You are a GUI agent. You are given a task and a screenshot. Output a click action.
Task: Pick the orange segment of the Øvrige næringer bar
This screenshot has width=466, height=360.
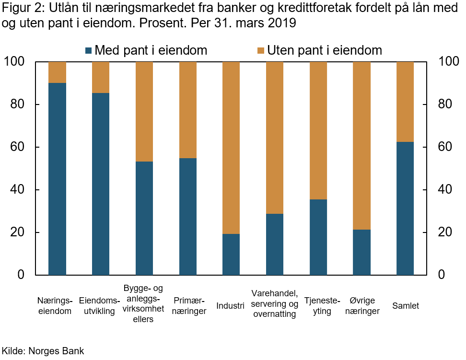[x=361, y=146]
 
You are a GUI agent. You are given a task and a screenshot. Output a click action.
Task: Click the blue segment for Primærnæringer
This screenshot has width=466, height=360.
[x=187, y=217]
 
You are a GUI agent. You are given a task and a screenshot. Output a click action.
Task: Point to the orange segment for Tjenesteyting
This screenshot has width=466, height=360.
[x=318, y=130]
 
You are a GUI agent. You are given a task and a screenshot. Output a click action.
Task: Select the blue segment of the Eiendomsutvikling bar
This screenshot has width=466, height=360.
[x=101, y=184]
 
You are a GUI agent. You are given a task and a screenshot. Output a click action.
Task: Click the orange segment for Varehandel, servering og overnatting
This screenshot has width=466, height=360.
[x=275, y=138]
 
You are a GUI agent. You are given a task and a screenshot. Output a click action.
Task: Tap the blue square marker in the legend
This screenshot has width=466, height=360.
[x=88, y=50]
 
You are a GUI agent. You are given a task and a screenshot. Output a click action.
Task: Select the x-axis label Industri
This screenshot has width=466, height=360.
[x=231, y=306]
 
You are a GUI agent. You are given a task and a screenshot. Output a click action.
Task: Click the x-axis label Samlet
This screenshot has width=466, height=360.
[x=405, y=306]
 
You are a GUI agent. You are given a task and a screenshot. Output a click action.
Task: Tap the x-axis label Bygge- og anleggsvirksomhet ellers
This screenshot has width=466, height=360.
[x=143, y=303]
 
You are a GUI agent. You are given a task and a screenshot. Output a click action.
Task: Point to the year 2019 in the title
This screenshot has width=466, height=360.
[x=282, y=23]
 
